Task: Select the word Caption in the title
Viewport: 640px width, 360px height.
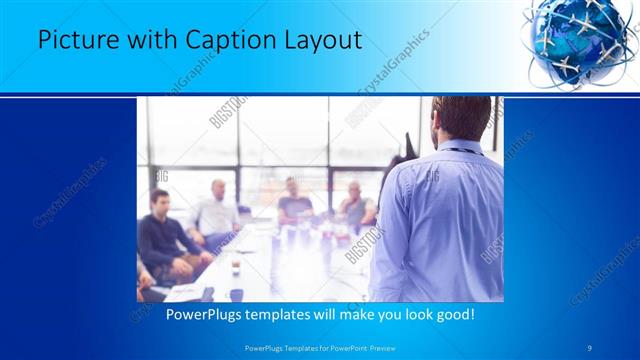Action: coord(216,41)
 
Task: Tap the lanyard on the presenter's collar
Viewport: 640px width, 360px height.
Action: coord(458,150)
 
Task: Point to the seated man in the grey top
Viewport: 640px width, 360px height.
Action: coord(355,205)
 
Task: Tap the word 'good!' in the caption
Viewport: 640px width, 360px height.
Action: coord(454,314)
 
